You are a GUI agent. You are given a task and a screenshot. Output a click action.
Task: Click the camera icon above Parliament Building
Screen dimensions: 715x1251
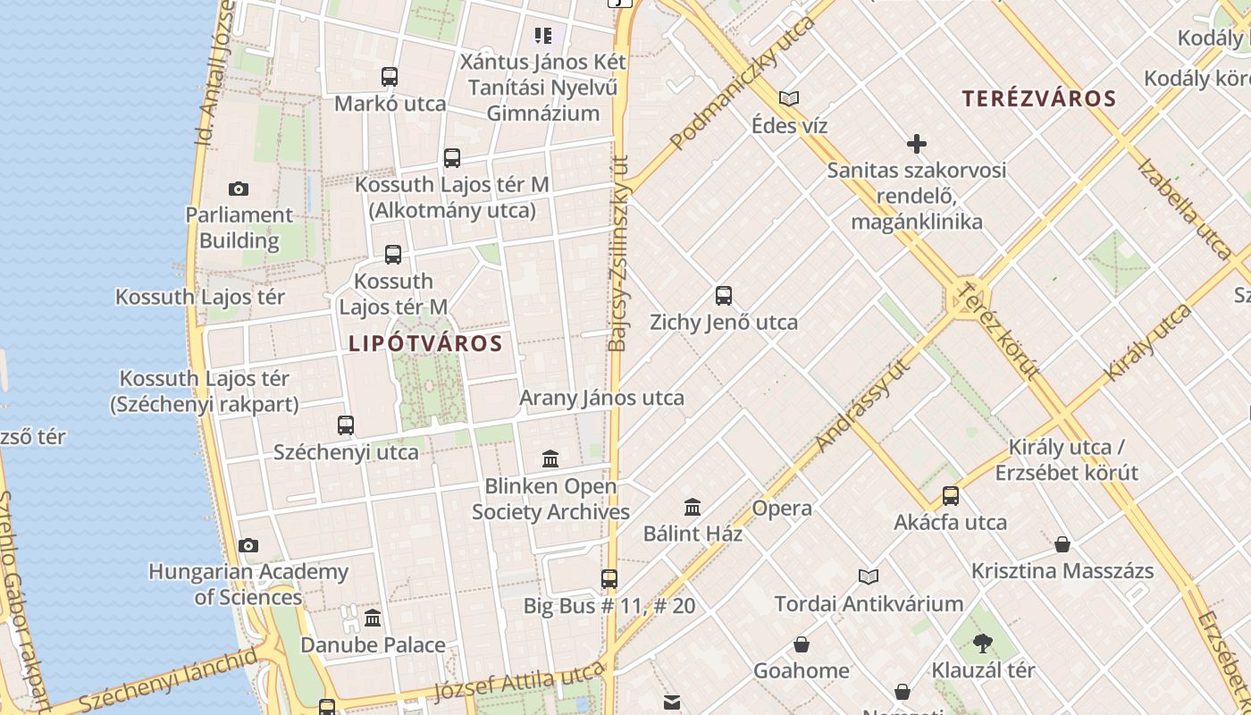click(238, 189)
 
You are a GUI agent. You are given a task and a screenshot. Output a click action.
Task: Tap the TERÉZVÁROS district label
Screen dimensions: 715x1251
click(1039, 98)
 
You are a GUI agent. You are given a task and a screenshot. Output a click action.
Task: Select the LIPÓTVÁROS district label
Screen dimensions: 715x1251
click(425, 343)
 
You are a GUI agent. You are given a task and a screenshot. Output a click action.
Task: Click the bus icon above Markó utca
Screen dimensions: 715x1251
click(390, 77)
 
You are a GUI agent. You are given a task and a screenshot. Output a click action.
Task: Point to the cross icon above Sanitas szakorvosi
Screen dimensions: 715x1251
click(916, 144)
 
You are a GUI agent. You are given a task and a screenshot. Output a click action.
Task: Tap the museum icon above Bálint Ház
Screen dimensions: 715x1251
click(693, 508)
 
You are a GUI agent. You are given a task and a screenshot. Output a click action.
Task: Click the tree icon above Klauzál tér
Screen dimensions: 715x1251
click(983, 643)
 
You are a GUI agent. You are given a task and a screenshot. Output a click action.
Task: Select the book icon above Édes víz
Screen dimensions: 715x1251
click(789, 98)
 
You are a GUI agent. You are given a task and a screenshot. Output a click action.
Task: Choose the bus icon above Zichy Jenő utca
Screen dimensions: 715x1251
click(724, 296)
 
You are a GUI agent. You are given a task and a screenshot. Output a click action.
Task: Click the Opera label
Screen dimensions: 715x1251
click(782, 509)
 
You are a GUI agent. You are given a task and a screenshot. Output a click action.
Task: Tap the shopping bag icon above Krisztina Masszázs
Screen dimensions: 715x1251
click(1062, 544)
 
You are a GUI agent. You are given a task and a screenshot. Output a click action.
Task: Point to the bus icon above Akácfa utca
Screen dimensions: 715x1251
click(951, 496)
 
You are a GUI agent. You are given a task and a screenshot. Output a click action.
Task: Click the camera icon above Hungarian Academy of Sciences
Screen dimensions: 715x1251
click(248, 545)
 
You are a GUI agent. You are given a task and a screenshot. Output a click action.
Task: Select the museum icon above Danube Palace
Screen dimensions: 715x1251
click(373, 618)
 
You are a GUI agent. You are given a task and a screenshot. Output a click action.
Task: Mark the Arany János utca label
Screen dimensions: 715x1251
click(601, 398)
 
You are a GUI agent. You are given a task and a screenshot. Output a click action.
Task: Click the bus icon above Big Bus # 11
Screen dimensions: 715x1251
click(609, 579)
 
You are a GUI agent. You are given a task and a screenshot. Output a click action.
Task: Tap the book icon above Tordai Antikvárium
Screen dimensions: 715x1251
click(869, 577)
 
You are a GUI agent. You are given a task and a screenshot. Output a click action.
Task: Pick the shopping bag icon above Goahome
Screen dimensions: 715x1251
click(802, 644)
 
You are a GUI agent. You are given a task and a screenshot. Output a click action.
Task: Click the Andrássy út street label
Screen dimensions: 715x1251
click(863, 404)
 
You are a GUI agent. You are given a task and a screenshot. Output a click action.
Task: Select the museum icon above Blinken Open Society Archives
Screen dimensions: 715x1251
click(550, 459)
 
